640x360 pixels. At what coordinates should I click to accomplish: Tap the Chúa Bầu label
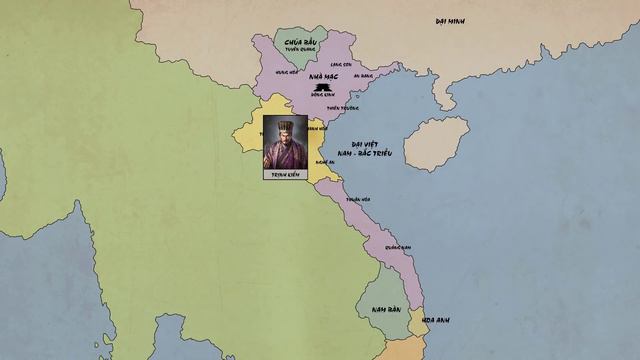click(299, 43)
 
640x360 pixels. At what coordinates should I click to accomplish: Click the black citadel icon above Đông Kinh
click(323, 88)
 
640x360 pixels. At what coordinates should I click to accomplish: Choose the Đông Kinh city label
click(323, 98)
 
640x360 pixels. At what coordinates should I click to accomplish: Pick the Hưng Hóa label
click(287, 71)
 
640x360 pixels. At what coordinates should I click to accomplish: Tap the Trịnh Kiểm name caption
click(284, 174)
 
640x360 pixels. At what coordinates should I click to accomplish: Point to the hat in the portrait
click(284, 126)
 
